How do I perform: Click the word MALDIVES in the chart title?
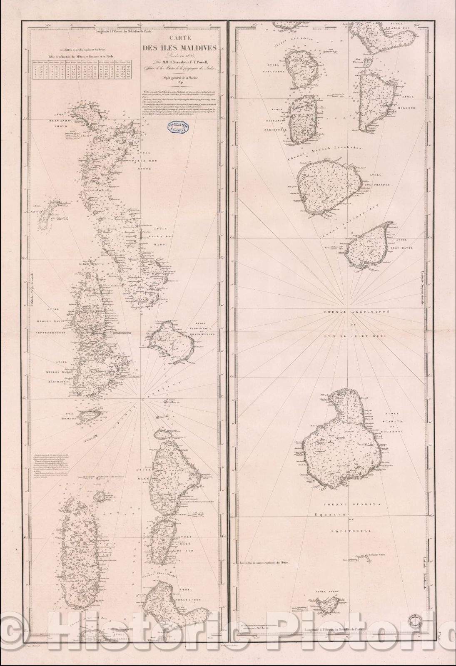[x=198, y=48]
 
